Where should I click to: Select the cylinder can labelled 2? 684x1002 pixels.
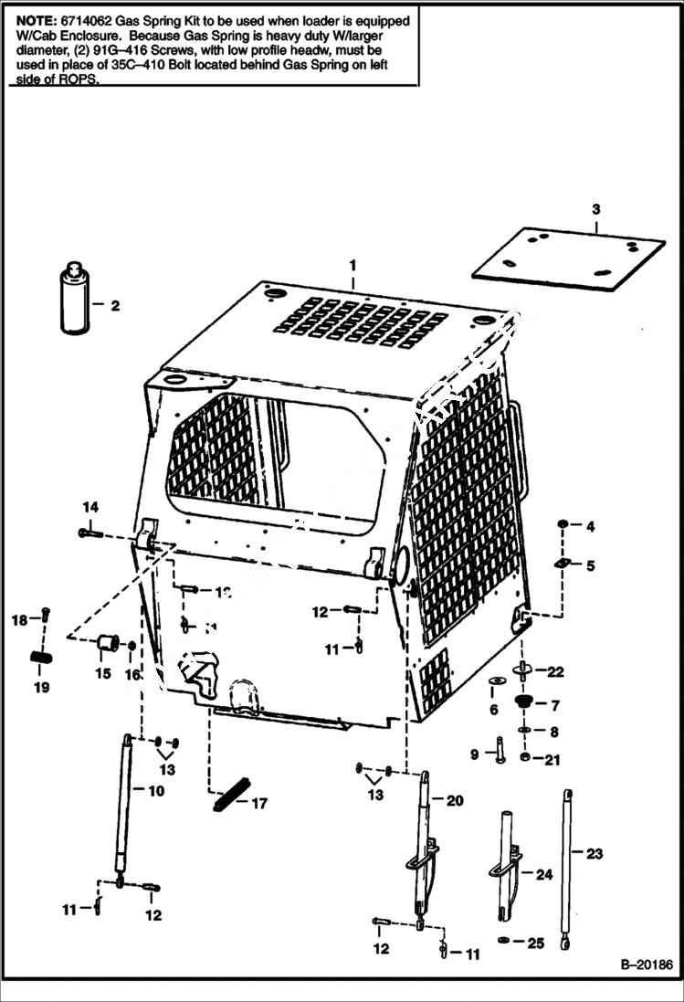coord(73,301)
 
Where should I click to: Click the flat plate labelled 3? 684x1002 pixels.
coord(568,253)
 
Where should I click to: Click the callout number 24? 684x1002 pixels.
coord(544,874)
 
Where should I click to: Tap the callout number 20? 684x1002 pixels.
coord(454,801)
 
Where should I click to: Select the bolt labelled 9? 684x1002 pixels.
coord(500,749)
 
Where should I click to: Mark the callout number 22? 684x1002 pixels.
coord(555,671)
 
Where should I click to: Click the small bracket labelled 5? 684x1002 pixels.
coord(562,565)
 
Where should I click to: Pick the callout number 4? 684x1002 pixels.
coord(590,526)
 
